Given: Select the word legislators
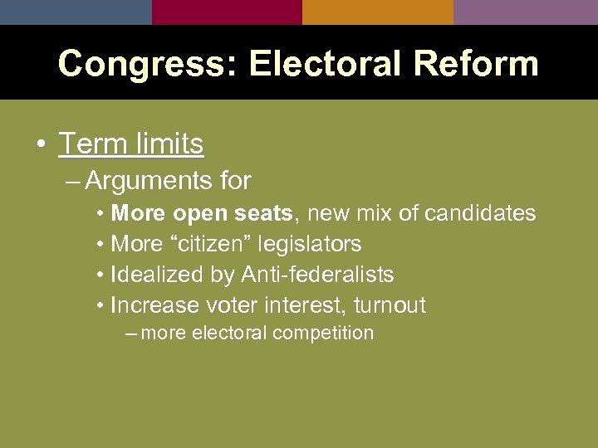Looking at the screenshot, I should tap(310, 244).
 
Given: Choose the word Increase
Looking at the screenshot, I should tap(155, 305).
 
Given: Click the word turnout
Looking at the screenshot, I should tap(390, 305).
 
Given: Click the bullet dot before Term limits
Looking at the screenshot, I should tap(41, 145).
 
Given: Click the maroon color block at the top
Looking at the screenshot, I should tap(227, 12).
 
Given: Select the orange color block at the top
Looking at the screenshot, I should tap(378, 12).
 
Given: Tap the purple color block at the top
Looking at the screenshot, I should tap(526, 12).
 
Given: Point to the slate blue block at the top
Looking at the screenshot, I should tap(76, 12).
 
